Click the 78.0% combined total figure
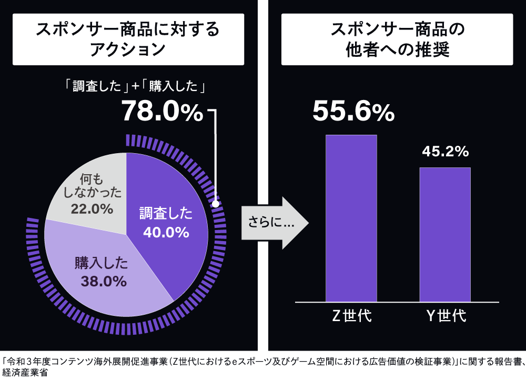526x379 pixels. (162, 112)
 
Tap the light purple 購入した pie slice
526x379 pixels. (105, 284)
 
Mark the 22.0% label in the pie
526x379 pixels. (92, 209)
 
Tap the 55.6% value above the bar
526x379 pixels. (353, 112)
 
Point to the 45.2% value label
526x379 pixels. (445, 152)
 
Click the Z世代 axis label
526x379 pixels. (351, 316)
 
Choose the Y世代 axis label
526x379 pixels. (446, 316)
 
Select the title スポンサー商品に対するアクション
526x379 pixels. (128, 39)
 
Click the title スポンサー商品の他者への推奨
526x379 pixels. (397, 39)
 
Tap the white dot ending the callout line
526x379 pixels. (215, 203)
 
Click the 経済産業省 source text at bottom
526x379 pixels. (24, 373)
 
